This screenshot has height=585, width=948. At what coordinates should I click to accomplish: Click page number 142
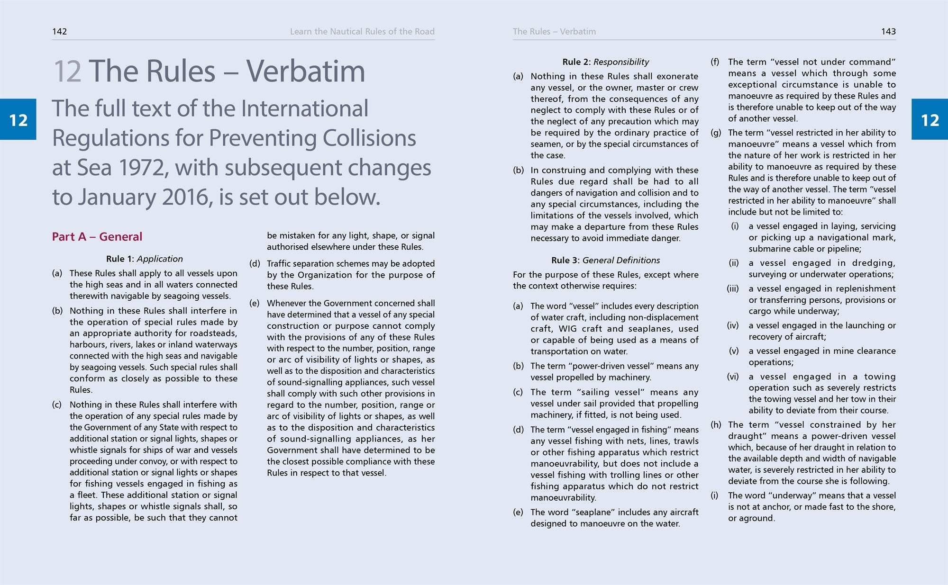point(59,32)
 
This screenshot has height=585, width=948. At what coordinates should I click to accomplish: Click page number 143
point(888,32)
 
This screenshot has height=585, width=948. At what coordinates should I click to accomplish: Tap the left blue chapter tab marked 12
point(18,120)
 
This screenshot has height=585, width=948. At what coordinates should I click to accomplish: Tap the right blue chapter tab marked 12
point(930,120)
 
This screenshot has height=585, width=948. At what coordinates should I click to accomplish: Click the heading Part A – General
point(97,237)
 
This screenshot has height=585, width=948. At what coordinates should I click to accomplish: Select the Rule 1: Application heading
point(144,259)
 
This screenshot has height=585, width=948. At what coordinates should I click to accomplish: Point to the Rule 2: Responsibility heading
point(605,62)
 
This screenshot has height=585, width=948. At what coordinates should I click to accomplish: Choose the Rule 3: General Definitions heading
point(605,261)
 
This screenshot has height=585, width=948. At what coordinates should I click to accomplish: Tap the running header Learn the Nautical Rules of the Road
point(362,32)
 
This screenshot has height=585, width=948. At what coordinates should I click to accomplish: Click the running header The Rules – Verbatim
point(554,32)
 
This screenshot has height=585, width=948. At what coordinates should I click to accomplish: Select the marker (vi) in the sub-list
point(733,377)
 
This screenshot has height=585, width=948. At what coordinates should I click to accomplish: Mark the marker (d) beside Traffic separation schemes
point(255,264)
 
